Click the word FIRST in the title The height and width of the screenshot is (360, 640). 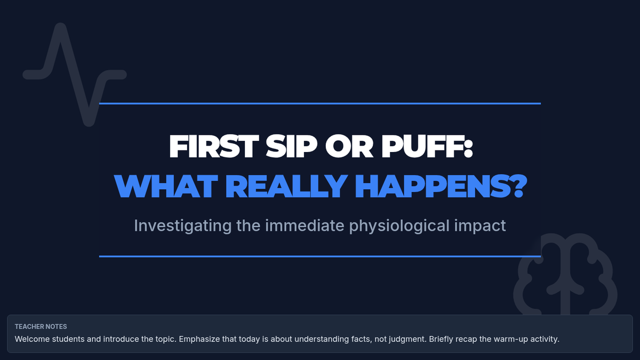tap(214, 146)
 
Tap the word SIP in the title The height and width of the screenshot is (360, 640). tap(291, 146)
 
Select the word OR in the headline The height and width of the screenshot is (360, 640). tap(349, 146)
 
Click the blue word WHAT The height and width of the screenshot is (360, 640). tap(166, 186)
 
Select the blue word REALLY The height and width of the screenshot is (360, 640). tap(286, 186)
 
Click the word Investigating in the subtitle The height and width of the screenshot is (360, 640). tap(183, 226)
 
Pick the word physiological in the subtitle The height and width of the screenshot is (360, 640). tap(399, 226)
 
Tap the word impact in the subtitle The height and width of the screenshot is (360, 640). tap(480, 226)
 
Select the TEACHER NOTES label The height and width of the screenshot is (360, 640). tap(41, 326)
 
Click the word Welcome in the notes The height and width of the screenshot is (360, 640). tap(32, 339)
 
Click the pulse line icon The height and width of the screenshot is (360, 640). tap(75, 75)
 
